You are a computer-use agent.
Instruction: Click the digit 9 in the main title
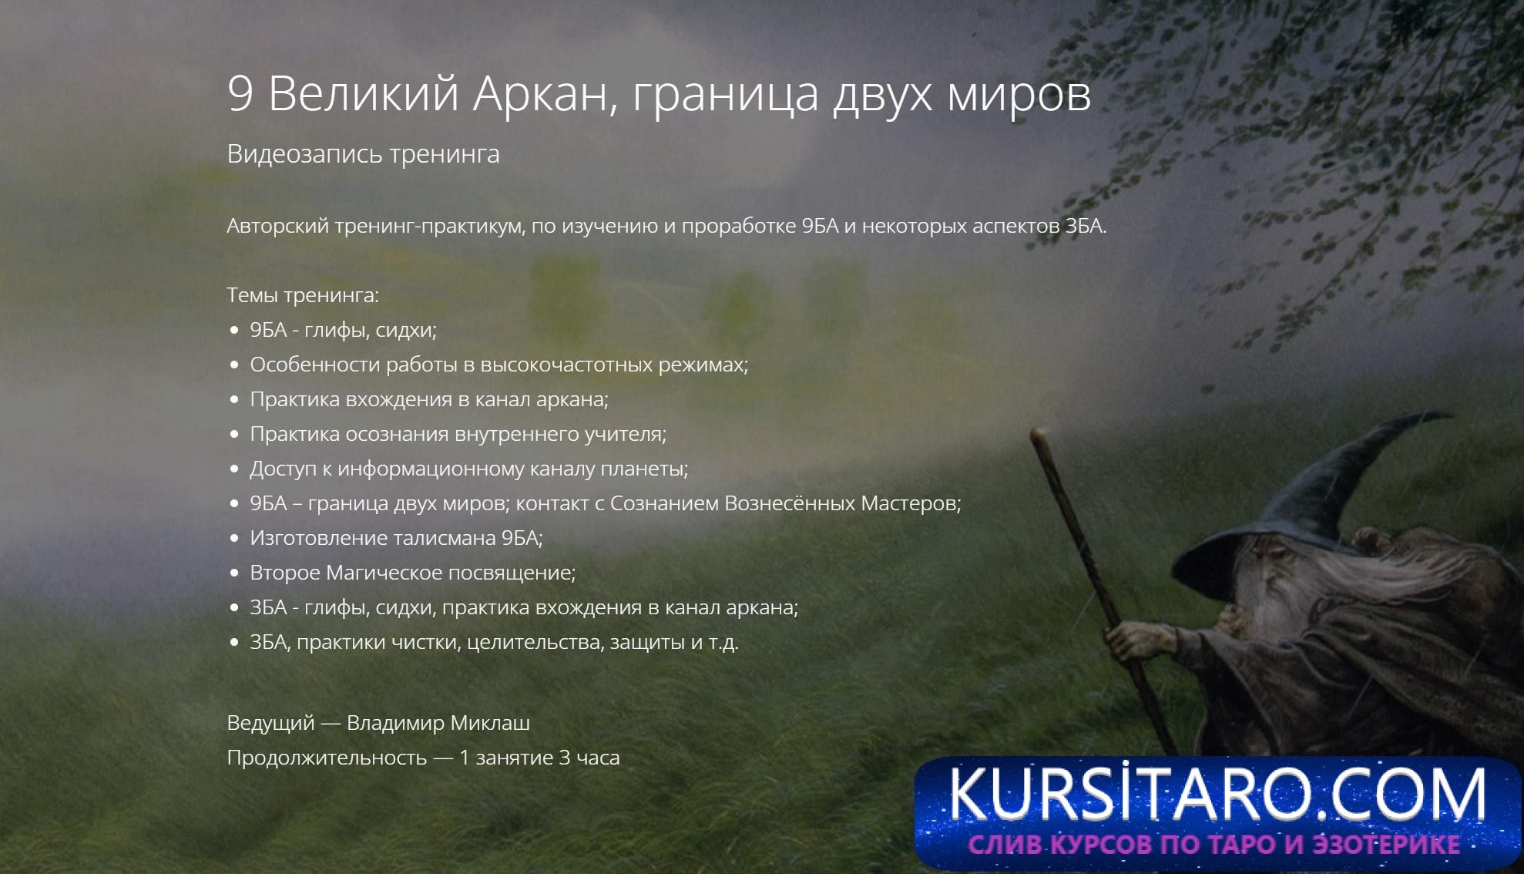click(240, 94)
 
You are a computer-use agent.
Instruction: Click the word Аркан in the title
click(545, 94)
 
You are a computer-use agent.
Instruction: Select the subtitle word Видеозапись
click(304, 154)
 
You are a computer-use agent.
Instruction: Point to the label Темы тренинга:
click(303, 295)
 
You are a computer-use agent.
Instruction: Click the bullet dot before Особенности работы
click(235, 365)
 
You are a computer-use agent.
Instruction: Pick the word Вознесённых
click(790, 503)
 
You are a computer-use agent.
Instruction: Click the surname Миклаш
click(490, 723)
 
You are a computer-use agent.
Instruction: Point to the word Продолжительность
click(327, 758)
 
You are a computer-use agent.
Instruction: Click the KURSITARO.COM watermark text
click(1217, 793)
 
